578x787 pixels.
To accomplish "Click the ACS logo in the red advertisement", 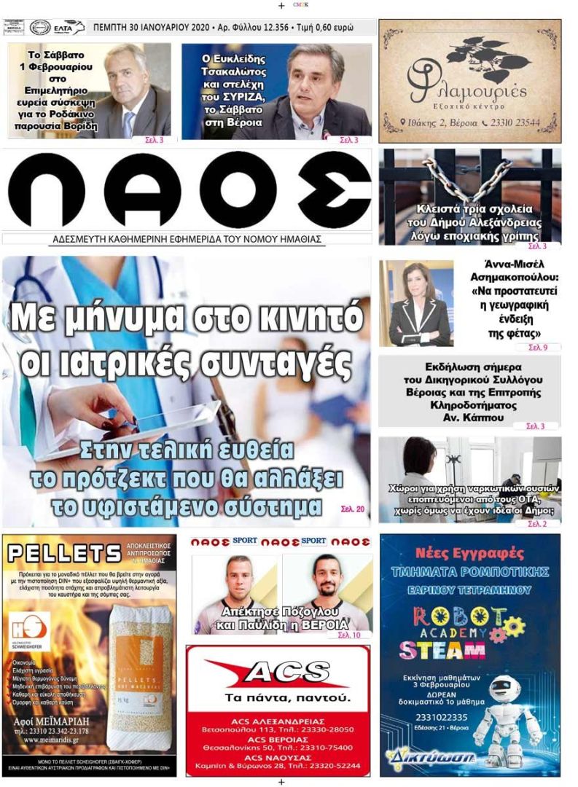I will pyautogui.click(x=276, y=672).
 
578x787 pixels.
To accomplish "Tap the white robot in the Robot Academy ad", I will pyautogui.click(x=507, y=715).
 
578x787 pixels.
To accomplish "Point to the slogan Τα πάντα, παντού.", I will pyautogui.click(x=277, y=698).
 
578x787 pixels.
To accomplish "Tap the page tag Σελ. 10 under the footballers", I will pyautogui.click(x=348, y=635).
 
